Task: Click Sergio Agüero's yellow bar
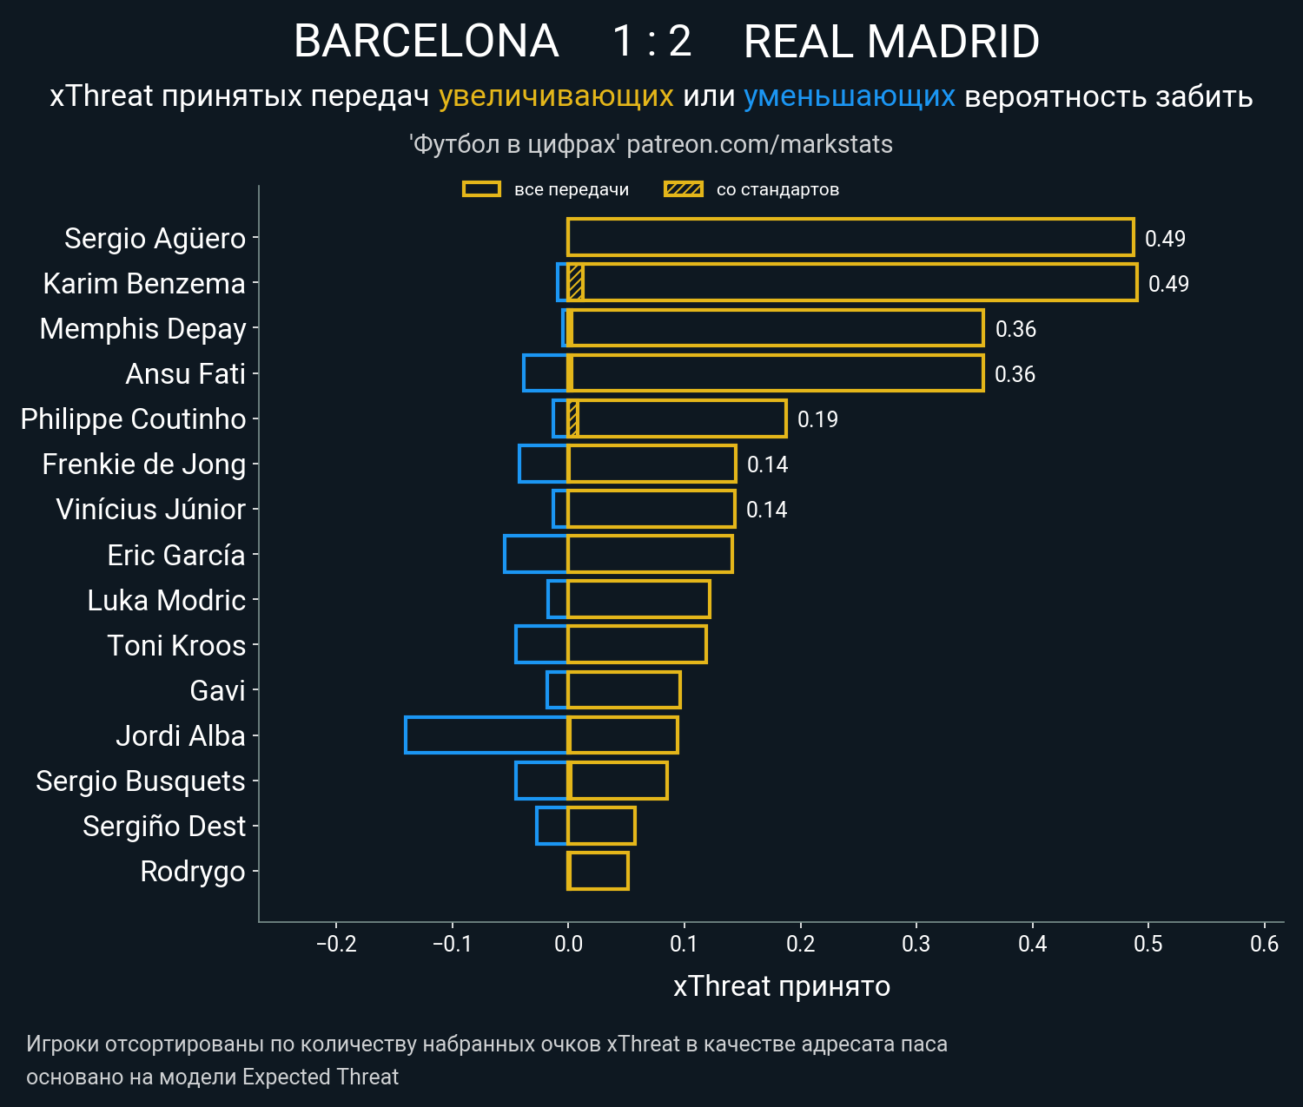coord(850,237)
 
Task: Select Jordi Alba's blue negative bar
coord(486,735)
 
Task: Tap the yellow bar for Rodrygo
coord(598,871)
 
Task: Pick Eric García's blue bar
coord(536,554)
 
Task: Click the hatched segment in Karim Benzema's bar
coord(575,283)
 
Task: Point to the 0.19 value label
coord(817,419)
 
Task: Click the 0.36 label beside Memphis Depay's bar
coord(1015,329)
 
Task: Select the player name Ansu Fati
coord(185,374)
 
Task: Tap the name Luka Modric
coord(166,601)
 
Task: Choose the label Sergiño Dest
coord(164,827)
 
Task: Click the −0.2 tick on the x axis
coord(336,944)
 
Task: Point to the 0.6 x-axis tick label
coord(1264,944)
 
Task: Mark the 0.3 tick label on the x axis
coord(916,944)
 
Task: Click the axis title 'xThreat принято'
coord(781,986)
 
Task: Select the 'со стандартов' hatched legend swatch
coord(683,189)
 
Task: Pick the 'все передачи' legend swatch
coord(481,189)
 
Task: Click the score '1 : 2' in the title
coord(651,42)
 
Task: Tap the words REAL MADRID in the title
coord(891,42)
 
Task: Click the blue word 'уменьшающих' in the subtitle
coord(849,96)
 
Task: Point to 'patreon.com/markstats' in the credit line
coord(759,144)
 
